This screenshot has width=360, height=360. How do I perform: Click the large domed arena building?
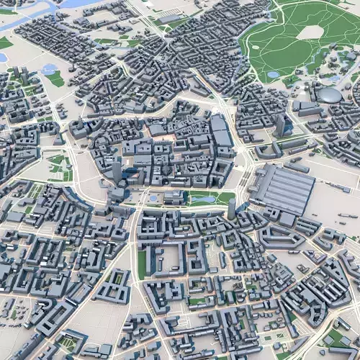click(x=330, y=94)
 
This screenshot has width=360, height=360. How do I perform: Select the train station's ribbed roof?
click(x=283, y=188)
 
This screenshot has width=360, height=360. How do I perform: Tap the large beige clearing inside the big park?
click(x=310, y=32)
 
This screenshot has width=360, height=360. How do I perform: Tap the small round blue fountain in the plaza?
click(x=153, y=197)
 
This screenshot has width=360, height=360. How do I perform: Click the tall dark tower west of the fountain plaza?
click(x=117, y=172)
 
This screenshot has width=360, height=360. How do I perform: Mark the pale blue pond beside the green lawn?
click(x=49, y=70)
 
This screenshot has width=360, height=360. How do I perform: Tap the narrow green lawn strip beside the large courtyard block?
click(x=142, y=263)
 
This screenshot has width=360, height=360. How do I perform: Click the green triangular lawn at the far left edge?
click(x=5, y=43)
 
